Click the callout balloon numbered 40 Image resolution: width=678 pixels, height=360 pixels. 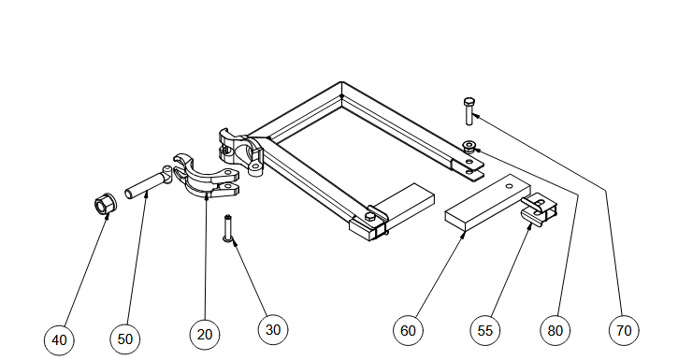(59, 340)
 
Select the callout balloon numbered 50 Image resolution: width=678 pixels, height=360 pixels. (125, 338)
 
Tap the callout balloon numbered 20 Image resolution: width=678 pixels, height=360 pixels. (205, 334)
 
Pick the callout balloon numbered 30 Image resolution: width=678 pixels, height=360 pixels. (273, 330)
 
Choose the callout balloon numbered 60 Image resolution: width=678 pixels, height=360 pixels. (408, 331)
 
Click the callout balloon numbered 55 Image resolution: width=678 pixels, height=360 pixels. (484, 331)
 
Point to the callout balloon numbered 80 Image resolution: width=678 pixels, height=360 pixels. (555, 331)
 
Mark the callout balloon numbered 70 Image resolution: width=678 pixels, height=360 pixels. (624, 331)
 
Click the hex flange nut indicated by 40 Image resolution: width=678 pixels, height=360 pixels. (105, 205)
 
